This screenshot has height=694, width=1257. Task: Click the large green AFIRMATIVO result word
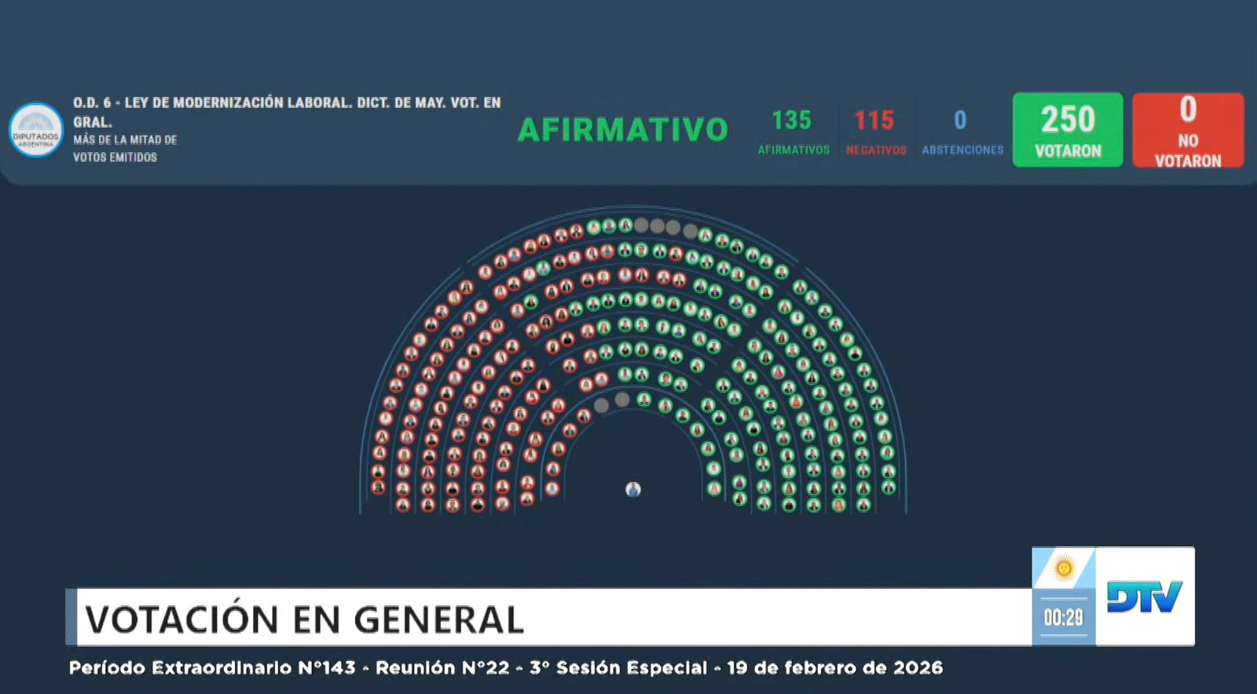623,130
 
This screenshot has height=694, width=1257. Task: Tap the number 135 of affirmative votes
791,120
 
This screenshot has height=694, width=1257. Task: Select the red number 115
874,120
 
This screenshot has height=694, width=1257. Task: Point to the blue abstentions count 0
960,120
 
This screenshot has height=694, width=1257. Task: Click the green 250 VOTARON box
1067,130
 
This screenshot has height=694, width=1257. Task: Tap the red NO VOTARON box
1187,130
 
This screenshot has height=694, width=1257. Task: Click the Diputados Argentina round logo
36,130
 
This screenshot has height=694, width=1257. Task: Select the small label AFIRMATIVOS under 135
793,150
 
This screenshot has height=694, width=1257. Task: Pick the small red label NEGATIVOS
876,150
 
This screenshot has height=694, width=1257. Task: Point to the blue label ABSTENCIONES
962,150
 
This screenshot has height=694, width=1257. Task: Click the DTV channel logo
1144,597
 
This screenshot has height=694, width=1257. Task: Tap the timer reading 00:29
1063,618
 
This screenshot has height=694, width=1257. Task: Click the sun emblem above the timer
1064,568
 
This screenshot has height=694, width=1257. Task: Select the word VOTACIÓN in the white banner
181,619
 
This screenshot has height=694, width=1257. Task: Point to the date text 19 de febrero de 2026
834,668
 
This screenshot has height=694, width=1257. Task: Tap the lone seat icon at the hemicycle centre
633,490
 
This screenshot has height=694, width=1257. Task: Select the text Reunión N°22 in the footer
442,668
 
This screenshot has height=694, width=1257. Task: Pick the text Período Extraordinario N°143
212,668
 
